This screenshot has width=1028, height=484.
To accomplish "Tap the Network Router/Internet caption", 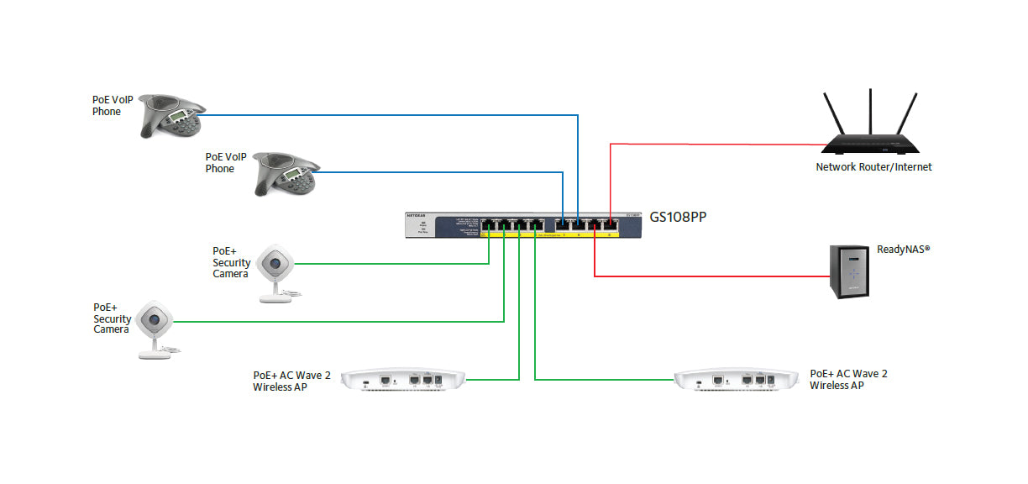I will [873, 167].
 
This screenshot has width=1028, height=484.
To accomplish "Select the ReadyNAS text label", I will [904, 250].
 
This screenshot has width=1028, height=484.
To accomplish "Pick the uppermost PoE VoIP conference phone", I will [171, 116].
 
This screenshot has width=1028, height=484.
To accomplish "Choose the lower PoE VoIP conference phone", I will [286, 174].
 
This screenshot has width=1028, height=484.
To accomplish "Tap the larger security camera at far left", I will [155, 328].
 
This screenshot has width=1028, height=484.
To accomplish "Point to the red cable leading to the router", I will [714, 144].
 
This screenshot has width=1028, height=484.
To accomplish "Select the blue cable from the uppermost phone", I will [386, 115].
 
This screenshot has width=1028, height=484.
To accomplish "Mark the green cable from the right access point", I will [605, 380].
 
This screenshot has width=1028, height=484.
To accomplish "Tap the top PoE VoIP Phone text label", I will [112, 105].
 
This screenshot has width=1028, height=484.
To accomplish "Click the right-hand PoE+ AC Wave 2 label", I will [847, 379].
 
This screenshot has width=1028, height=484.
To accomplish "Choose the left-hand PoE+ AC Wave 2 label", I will [291, 381].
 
